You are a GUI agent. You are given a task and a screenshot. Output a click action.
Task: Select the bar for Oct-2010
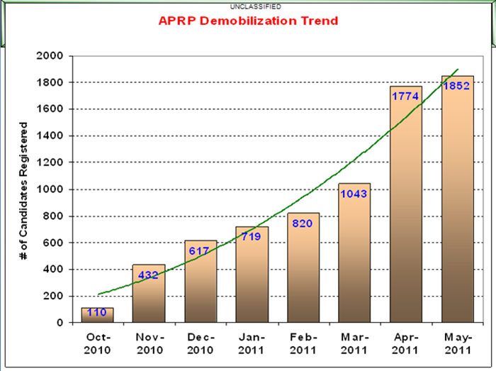[x=97, y=316]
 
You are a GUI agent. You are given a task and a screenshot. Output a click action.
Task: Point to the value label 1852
[x=458, y=85]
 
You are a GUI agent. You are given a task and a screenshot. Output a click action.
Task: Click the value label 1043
[x=354, y=194]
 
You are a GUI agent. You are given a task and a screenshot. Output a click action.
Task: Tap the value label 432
[x=149, y=275]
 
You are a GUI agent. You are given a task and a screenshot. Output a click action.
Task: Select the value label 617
[x=200, y=250]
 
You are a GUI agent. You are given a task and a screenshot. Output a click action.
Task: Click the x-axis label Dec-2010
[x=200, y=342]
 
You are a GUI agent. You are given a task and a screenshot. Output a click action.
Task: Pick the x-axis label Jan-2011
[x=252, y=342]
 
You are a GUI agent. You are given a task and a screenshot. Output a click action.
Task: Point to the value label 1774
[x=406, y=96]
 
